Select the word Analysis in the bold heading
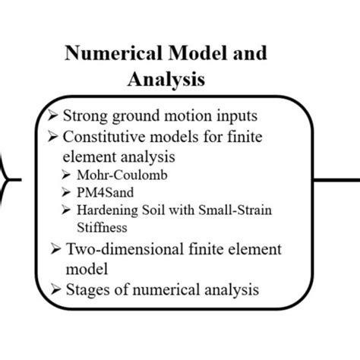coord(165,79)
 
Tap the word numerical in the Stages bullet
coord(163,289)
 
